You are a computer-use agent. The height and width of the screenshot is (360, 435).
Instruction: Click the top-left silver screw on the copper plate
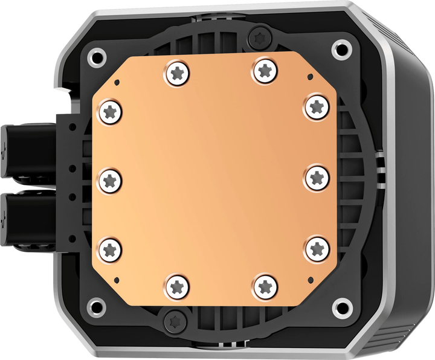coord(176,73)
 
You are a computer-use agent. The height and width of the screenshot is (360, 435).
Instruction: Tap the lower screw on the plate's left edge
coord(110,248)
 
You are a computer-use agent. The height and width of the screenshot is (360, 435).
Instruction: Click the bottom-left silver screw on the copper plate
coord(176,285)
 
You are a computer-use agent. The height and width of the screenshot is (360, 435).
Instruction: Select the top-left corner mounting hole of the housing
coord(95,58)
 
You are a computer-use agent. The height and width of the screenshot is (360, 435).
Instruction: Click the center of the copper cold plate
coord(214,179)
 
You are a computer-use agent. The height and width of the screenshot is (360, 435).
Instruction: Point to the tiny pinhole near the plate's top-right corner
coord(309,77)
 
